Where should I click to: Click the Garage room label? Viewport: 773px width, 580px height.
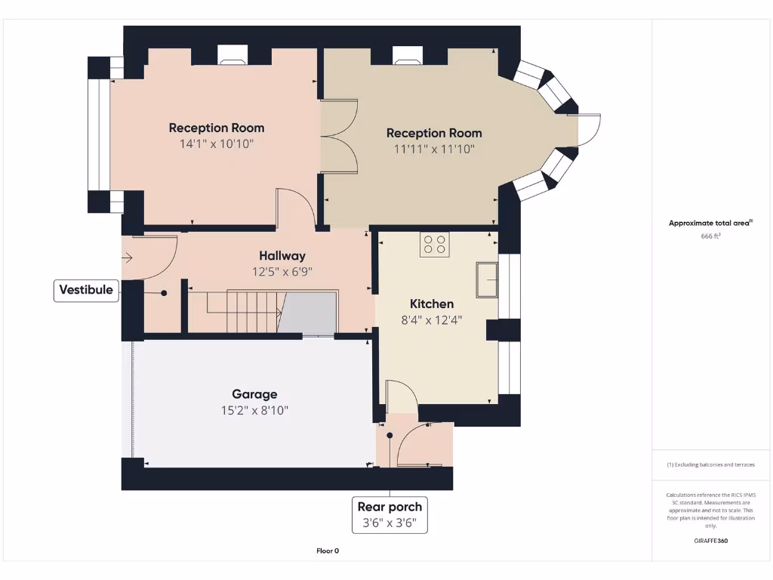pos(254,394)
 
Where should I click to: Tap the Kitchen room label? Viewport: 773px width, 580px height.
pos(432,304)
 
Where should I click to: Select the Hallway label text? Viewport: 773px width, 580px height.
pos(282,256)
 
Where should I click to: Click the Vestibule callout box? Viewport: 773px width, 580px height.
pos(86,290)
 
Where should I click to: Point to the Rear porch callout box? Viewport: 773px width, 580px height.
pos(390,514)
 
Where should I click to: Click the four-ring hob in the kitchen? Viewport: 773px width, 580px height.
pos(435,245)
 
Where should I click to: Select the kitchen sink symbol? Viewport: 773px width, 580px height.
pos(487,280)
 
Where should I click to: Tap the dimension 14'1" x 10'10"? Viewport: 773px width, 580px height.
pos(217,143)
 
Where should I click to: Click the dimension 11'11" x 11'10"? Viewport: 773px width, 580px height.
pos(434,150)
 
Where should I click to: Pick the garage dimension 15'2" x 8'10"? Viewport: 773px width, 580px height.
pos(254,411)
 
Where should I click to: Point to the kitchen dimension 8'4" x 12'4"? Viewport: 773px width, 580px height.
pos(432,320)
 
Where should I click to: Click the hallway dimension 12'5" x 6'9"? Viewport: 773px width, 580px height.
pos(282,272)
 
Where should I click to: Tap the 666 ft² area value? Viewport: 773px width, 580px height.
pos(711,236)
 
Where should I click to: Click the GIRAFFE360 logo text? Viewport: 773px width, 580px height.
pos(711,541)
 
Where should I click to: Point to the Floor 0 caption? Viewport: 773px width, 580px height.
pos(328,551)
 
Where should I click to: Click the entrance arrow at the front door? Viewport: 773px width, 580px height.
pos(127,258)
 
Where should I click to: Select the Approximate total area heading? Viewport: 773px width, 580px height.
pos(710,223)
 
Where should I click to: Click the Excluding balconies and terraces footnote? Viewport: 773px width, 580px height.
pos(710,464)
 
